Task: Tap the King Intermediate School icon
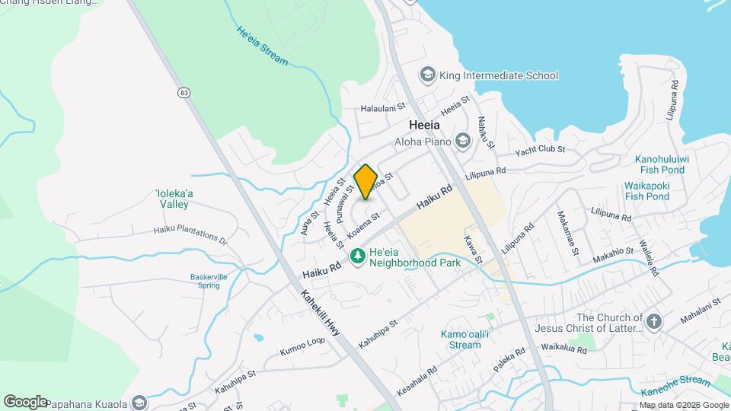coord(427,75)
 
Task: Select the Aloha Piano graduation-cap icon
coord(462,139)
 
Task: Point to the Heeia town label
coord(424,124)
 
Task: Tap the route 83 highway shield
coord(184,92)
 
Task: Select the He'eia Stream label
coord(262,46)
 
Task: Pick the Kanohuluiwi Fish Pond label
coord(661,164)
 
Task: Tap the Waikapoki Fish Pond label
coord(646,190)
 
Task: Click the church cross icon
coord(653,323)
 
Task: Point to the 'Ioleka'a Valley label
coord(174,199)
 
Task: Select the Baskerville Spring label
coord(205,281)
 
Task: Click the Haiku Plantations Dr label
coord(190,232)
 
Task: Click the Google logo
coord(25,401)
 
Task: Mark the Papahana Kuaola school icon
coord(139,402)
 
